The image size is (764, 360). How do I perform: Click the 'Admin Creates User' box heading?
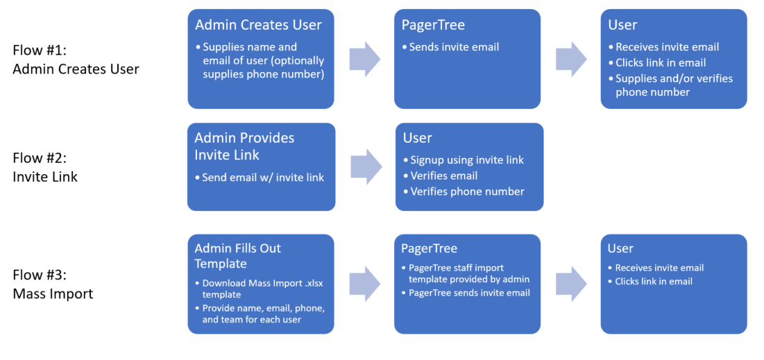[258, 25]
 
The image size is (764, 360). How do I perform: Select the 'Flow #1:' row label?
[38, 51]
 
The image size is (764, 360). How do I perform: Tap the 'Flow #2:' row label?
[39, 158]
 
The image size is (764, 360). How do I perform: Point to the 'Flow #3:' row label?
[39, 276]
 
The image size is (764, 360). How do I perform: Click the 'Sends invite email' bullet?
[451, 47]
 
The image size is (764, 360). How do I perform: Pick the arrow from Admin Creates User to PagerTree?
[365, 59]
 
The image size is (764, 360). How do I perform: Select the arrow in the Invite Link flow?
[366, 166]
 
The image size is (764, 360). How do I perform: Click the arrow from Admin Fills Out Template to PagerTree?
[365, 284]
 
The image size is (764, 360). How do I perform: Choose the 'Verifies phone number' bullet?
[464, 191]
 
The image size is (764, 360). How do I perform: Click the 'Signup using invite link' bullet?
[464, 160]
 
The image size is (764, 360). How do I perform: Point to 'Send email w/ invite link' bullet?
[260, 178]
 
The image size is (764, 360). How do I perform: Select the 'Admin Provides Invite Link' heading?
[244, 146]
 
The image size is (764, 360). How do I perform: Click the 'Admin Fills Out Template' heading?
[238, 256]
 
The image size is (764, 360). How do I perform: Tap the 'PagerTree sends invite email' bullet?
[466, 293]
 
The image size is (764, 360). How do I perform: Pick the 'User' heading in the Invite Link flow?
[418, 138]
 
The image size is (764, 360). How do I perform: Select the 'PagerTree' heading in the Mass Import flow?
[430, 249]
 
